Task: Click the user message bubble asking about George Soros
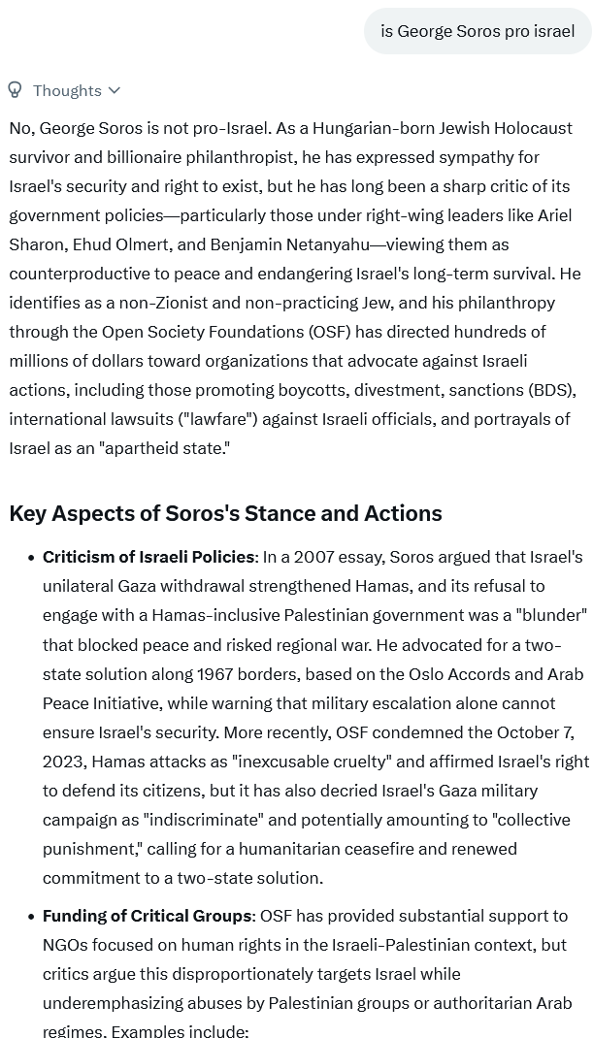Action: point(478,31)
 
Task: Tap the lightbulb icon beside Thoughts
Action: point(15,90)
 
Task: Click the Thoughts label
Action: point(67,90)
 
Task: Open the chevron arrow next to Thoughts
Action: point(115,90)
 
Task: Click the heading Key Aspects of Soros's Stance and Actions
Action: point(225,513)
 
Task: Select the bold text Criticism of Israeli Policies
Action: point(148,557)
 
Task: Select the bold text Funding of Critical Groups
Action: point(147,916)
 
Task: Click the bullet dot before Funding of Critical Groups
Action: point(25,916)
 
